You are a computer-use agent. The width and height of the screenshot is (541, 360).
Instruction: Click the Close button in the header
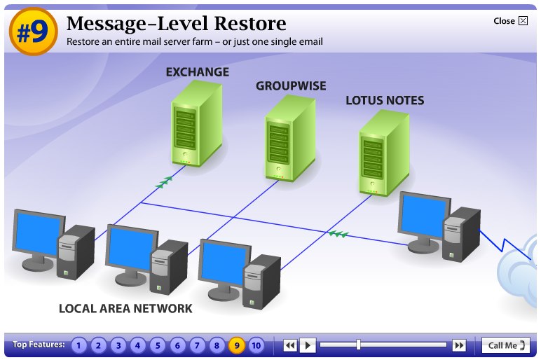click(x=510, y=21)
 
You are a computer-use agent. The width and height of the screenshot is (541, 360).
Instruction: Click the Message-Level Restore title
click(x=176, y=23)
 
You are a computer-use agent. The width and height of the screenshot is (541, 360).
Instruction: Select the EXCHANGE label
click(x=197, y=72)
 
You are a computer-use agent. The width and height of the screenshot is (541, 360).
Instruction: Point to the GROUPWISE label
click(x=291, y=86)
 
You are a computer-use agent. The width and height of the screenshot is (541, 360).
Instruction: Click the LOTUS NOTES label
click(x=385, y=101)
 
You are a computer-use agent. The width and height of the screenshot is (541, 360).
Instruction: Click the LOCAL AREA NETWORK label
click(x=125, y=308)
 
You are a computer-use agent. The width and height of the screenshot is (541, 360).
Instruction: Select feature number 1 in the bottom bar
click(x=79, y=345)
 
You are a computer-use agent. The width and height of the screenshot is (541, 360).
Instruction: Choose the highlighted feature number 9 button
click(x=237, y=345)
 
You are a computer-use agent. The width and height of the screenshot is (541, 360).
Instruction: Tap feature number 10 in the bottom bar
click(x=256, y=345)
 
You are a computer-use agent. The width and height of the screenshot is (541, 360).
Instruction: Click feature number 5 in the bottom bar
click(x=158, y=345)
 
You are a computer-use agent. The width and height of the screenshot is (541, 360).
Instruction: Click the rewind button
click(x=290, y=345)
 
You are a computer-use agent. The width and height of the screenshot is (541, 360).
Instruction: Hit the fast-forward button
click(x=459, y=345)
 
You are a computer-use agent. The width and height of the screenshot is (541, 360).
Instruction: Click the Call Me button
click(x=506, y=345)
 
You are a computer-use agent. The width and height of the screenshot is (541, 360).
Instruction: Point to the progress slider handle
click(x=358, y=345)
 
